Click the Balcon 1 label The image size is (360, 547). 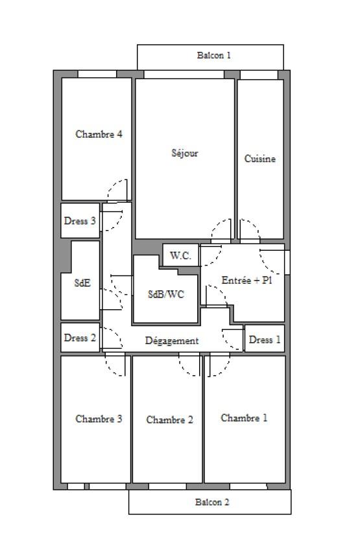pos(213,55)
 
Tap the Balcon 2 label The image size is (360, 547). pos(212,502)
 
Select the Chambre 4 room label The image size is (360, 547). pos(99,134)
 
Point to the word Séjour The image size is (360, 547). pos(185,153)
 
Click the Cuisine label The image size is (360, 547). pos(260,159)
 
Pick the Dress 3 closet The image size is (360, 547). pos(80,221)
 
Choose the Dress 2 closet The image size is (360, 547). pos(80,338)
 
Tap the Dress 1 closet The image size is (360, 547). pos(265,339)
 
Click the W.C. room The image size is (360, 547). pos(180,255)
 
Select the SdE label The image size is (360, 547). pos(82,283)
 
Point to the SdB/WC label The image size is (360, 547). pos(166,294)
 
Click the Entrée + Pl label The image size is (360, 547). pos(246,280)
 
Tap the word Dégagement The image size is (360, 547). pos(172,341)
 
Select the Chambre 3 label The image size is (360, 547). pos(99,419)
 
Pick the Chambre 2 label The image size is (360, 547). pos(170,420)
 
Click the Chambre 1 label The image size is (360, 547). pos(244,418)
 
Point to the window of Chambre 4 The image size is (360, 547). pos(97,74)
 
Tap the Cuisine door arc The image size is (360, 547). pos(256,226)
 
